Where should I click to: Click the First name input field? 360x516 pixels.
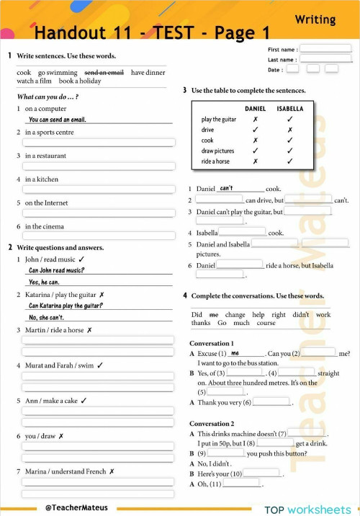[325, 49]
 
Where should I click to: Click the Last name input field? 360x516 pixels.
[325, 59]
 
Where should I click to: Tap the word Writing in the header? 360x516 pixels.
[315, 19]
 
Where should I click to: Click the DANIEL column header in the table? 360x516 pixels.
[255, 109]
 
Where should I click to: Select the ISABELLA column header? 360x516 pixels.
[290, 109]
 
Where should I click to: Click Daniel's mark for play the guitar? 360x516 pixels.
[255, 120]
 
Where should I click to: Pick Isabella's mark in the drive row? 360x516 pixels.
[290, 130]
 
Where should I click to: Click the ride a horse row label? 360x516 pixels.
[215, 161]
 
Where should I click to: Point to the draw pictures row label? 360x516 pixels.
[217, 151]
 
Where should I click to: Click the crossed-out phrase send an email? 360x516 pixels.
[104, 73]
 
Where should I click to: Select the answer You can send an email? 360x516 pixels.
[58, 120]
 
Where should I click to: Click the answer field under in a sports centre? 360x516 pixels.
[98, 143]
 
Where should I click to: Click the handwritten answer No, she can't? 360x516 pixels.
[46, 317]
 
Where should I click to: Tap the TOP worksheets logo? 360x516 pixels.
[307, 509]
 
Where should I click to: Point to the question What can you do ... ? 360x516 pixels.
[48, 97]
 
